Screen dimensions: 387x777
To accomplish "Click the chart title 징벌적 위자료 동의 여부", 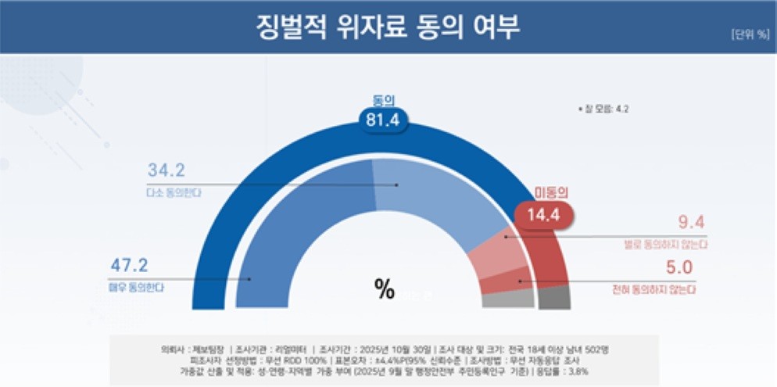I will click(388, 27).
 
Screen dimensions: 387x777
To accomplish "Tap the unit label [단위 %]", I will click(750, 35).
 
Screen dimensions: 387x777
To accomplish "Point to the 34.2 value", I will click(165, 170).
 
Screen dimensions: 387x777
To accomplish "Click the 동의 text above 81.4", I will click(383, 100).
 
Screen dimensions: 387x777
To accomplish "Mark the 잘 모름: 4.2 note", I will click(603, 109).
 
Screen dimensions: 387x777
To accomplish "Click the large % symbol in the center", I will click(385, 288).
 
